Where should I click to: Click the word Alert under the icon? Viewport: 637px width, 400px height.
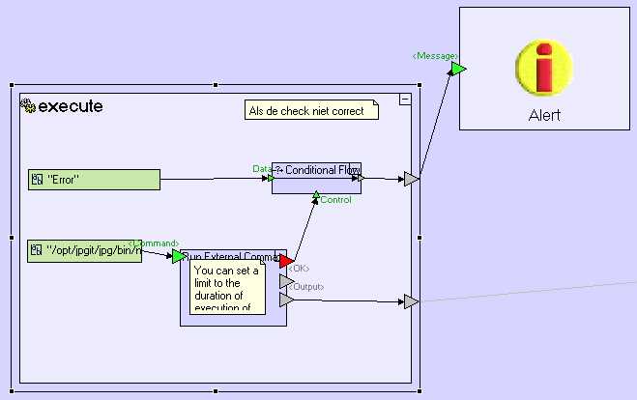click(x=544, y=115)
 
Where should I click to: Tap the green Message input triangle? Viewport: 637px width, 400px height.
click(x=457, y=69)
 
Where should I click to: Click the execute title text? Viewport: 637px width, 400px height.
click(x=71, y=106)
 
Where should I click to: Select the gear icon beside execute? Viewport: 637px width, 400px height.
click(x=28, y=106)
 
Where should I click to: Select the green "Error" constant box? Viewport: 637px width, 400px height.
click(x=94, y=179)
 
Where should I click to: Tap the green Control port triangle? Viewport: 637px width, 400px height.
click(x=315, y=195)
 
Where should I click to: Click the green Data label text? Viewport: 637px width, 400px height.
click(x=261, y=168)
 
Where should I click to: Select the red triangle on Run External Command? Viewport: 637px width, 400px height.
click(x=285, y=260)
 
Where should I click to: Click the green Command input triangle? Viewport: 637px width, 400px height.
click(x=178, y=256)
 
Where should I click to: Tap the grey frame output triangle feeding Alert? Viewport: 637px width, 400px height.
click(x=411, y=179)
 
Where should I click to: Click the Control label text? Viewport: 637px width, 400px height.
click(x=335, y=200)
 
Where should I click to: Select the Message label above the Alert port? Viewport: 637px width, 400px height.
click(x=434, y=56)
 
